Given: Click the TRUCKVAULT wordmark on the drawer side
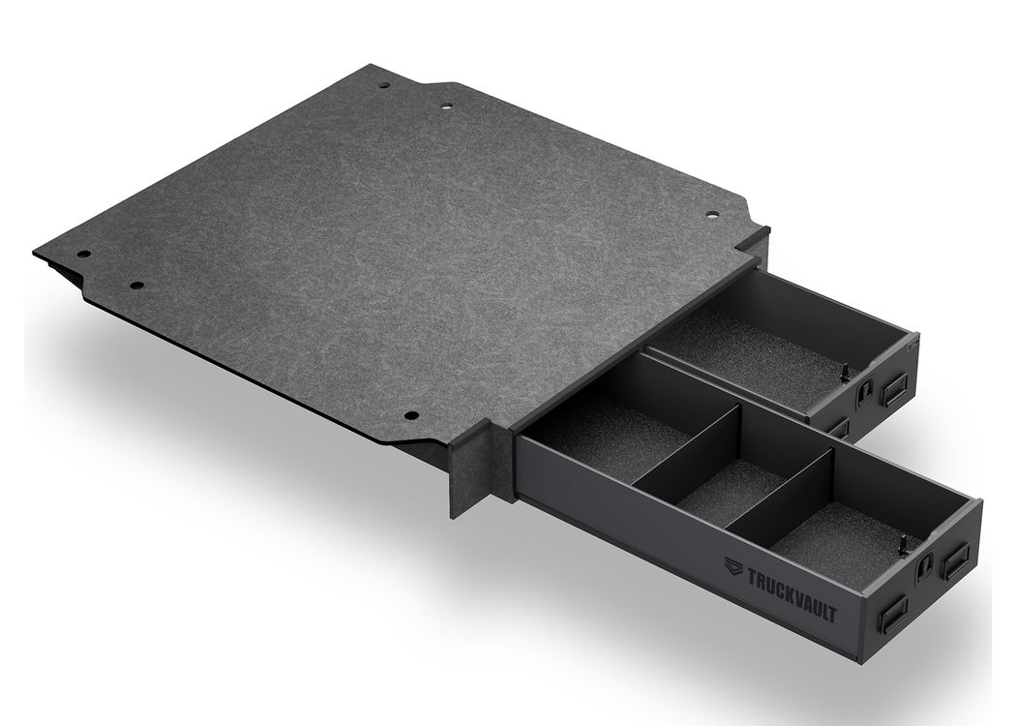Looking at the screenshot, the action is [x=792, y=593].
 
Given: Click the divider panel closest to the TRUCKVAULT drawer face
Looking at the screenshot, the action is [x=784, y=492].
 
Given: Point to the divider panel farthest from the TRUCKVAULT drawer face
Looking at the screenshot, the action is [x=687, y=446].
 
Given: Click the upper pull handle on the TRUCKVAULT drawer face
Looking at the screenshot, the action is [x=956, y=560].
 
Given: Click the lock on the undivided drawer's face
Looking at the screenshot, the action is [x=866, y=390].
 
